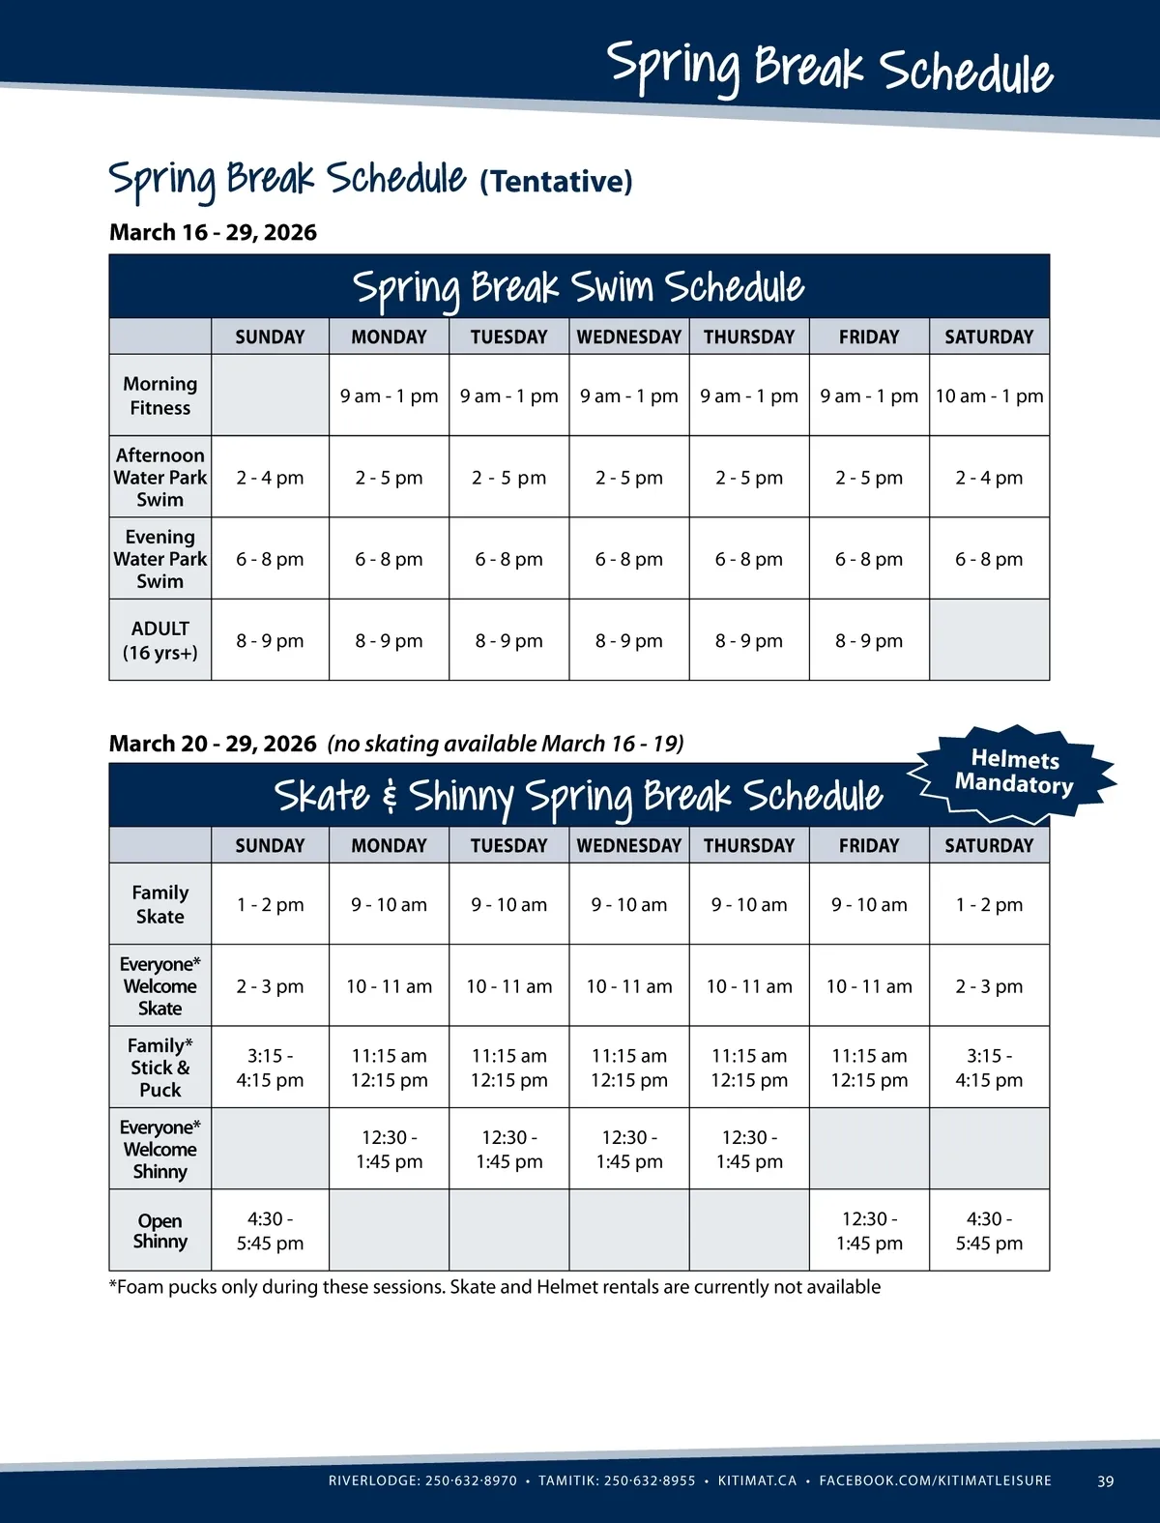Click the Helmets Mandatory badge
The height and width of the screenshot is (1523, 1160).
[x=1014, y=773]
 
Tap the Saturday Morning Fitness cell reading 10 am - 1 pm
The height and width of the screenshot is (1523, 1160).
[x=989, y=395]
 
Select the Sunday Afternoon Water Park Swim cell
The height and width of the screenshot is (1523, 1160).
[x=270, y=478]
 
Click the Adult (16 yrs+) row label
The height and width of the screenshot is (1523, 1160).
[x=159, y=640]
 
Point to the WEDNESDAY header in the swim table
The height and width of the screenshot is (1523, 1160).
[x=629, y=337]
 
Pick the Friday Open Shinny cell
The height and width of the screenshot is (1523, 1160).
[x=869, y=1231]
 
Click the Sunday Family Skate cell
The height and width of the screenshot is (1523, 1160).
[x=270, y=904]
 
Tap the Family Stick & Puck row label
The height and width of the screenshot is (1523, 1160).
[x=159, y=1068]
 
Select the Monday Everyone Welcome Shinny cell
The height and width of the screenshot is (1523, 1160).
[x=389, y=1149]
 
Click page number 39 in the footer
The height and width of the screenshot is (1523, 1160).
[x=1106, y=1480]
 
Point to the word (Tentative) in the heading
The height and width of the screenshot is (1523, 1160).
[x=556, y=181]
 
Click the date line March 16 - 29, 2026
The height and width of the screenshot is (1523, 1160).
[x=213, y=232]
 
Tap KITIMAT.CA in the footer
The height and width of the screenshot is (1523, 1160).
[x=757, y=1480]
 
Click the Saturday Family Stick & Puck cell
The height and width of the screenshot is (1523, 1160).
[x=989, y=1068]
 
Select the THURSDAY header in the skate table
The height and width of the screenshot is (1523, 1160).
[x=749, y=845]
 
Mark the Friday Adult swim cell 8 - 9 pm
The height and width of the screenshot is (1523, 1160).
[x=869, y=640]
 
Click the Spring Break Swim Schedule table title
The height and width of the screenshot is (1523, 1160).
[x=578, y=287]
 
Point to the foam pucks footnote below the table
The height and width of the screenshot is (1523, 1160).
[x=494, y=1287]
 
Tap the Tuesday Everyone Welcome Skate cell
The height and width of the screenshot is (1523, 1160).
[x=509, y=986]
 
